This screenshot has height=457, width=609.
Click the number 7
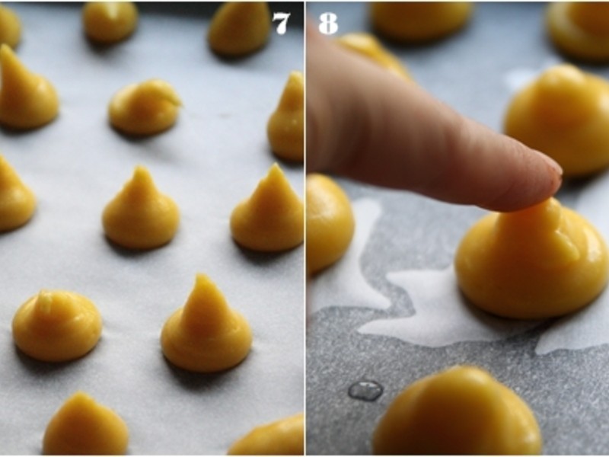(x=282, y=24)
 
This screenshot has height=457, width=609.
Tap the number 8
(x=328, y=24)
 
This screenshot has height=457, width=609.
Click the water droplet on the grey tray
(x=365, y=390)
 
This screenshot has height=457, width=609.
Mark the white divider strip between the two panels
(x=305, y=228)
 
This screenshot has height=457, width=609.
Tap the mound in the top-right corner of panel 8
(x=579, y=30)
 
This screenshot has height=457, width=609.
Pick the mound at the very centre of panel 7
(x=141, y=212)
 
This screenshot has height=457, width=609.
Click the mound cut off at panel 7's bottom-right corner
(x=270, y=437)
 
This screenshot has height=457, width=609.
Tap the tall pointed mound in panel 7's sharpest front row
(x=206, y=328)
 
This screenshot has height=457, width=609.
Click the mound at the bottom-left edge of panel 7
(x=85, y=427)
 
